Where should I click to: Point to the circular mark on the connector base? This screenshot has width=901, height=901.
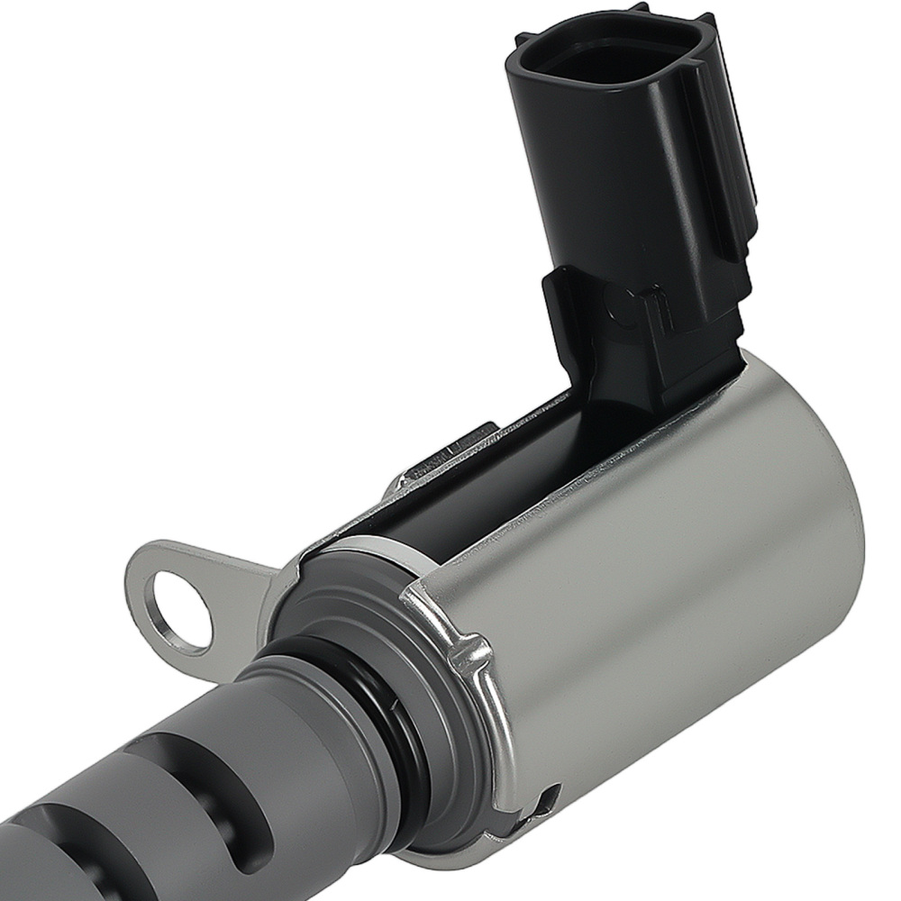pyautogui.click(x=624, y=308)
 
